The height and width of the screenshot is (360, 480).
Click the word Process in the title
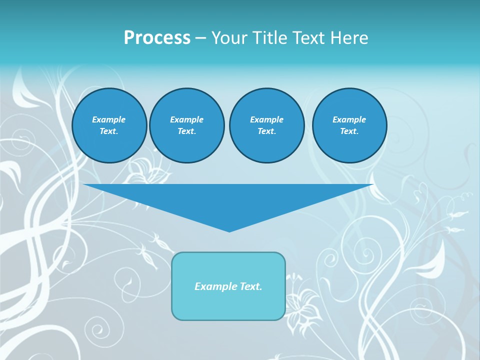(157, 38)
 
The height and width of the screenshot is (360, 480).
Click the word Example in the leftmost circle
(109, 119)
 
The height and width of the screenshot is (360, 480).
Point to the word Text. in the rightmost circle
(349, 131)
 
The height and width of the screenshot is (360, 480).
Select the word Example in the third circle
(266, 119)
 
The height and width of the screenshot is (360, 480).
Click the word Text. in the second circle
(186, 131)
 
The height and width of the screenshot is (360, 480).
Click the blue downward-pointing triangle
(228, 200)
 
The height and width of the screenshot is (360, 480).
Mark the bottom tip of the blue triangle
(229, 230)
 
